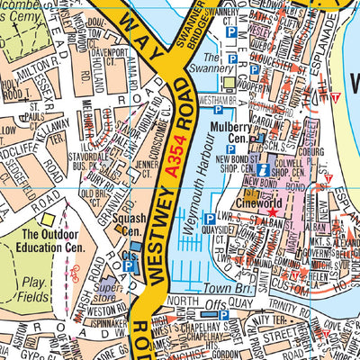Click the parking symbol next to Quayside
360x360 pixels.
(x=210, y=219)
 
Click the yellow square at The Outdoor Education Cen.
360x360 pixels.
(x=46, y=219)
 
